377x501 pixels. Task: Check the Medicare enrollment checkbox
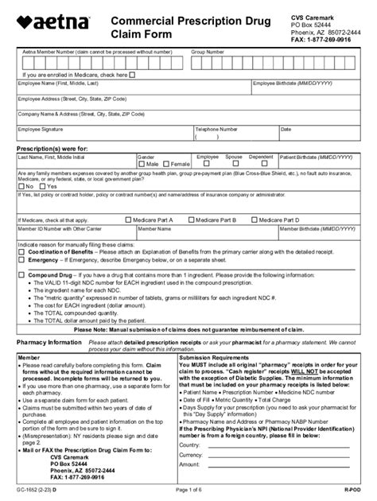click(132, 76)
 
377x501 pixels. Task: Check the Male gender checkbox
click(141, 164)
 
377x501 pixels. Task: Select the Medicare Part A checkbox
click(129, 219)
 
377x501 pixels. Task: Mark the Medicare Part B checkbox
click(192, 219)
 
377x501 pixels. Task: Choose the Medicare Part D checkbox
click(254, 219)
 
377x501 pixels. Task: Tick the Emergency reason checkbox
click(21, 259)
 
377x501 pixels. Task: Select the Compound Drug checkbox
click(21, 273)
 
